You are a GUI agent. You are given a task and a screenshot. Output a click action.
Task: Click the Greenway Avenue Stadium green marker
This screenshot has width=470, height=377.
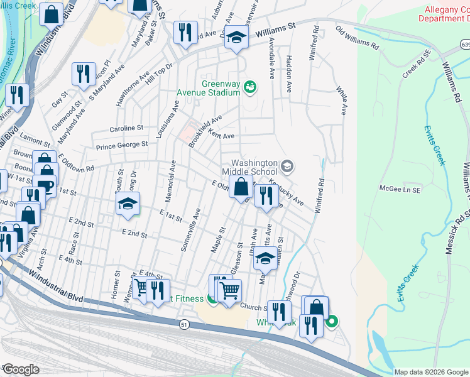pyautogui.click(x=250, y=87)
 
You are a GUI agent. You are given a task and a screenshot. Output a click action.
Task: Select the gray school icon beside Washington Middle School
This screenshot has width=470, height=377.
pyautogui.click(x=287, y=167)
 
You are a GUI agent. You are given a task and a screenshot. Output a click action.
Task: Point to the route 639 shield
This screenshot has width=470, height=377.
pyautogui.click(x=464, y=45)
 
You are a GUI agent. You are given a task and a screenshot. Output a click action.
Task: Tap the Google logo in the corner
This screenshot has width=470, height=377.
pyautogui.click(x=20, y=369)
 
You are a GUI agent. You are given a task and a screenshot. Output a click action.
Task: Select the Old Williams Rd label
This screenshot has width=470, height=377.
pyautogui.click(x=357, y=38)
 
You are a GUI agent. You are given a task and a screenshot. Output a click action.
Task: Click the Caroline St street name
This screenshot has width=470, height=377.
pyautogui.click(x=127, y=128)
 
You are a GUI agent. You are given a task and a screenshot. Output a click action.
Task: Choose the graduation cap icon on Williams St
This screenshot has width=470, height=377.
pyautogui.click(x=237, y=37)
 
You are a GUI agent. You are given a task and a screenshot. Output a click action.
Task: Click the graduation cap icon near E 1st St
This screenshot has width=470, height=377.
pyautogui.click(x=127, y=204)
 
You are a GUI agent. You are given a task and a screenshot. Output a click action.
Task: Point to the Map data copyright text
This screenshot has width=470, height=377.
pyautogui.click(x=431, y=372)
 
